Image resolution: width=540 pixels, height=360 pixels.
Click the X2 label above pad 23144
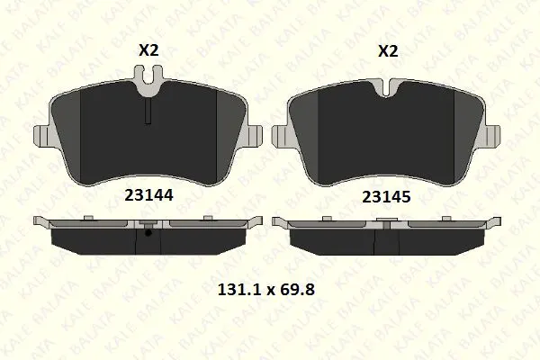coord(148,50)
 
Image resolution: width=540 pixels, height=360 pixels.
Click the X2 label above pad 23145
coord(388,51)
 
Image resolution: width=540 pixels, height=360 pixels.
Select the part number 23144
coord(148,195)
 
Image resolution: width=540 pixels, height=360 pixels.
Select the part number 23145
coord(386,197)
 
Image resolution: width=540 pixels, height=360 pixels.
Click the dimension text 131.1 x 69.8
coord(266,290)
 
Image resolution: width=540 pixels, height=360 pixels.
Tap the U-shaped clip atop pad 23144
coord(148,79)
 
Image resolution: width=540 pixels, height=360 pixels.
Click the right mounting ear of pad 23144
coord(254,136)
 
